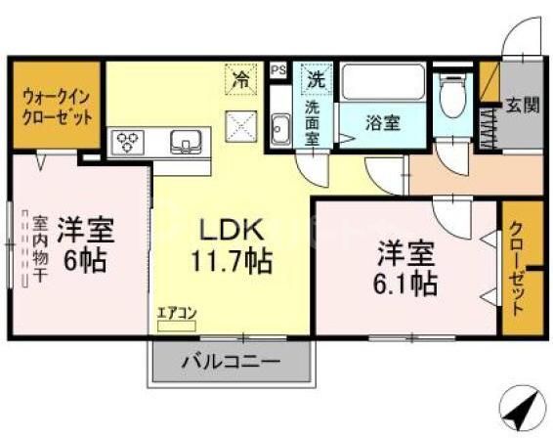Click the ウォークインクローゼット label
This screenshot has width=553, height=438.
click(58, 107)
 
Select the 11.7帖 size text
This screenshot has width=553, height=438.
click(232, 262)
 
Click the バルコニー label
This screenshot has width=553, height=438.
click(231, 361)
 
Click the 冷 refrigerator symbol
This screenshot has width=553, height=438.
click(239, 79)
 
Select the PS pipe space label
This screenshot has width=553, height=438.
click(278, 70)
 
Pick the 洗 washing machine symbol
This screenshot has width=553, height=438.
click(317, 78)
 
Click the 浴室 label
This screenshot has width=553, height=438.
click(380, 123)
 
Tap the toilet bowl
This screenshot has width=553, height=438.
click(451, 97)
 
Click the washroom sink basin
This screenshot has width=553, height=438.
click(279, 128)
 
